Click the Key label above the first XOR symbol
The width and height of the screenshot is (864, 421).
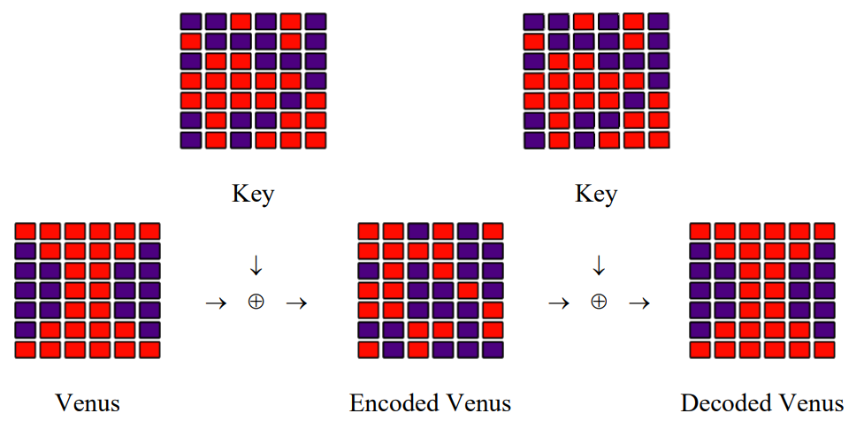[x=253, y=194]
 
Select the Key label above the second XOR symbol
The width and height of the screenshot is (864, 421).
[x=596, y=194]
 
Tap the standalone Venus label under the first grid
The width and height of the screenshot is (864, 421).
[x=88, y=404]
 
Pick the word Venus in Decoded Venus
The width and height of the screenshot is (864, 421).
[x=806, y=404]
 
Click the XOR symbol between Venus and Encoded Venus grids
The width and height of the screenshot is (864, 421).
[x=256, y=302]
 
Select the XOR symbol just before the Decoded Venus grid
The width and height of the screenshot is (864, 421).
[x=599, y=302]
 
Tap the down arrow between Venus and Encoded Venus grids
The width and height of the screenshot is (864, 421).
[x=256, y=265]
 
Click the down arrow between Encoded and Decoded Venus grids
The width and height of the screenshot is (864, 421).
[x=599, y=265]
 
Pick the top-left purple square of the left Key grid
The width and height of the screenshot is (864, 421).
[x=192, y=21]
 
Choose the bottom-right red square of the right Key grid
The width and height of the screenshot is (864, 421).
[x=658, y=140]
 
